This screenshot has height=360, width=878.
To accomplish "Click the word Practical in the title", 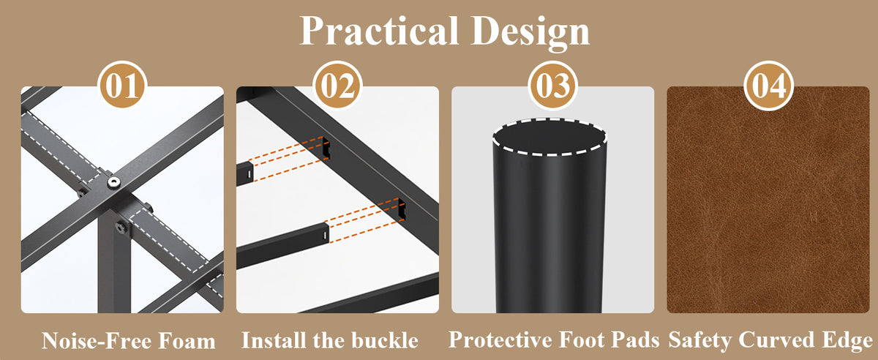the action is [x=379, y=31].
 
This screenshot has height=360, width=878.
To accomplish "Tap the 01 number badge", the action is [x=122, y=85].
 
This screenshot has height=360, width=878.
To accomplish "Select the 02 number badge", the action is [x=337, y=85].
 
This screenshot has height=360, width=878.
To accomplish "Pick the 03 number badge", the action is [x=552, y=85].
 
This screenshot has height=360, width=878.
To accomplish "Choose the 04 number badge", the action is [x=768, y=85].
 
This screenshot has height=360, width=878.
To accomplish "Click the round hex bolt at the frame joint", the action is [x=114, y=182].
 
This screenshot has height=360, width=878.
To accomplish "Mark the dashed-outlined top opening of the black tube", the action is [x=549, y=137].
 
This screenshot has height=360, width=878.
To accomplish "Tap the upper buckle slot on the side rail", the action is [x=326, y=149].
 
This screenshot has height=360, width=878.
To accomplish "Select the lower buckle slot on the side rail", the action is [x=402, y=209].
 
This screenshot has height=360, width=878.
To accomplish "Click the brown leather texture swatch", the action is [x=768, y=200].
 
